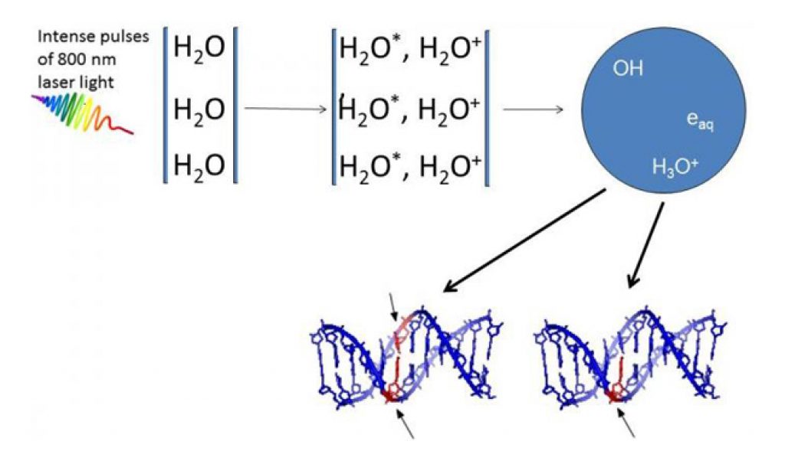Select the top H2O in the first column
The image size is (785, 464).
[x=199, y=48]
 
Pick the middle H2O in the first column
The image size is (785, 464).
[x=199, y=109]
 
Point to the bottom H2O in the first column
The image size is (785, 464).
[x=199, y=163]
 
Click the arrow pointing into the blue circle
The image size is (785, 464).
[x=533, y=109]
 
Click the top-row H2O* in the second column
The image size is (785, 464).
[x=367, y=48]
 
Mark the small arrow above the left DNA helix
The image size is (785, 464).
[x=392, y=306]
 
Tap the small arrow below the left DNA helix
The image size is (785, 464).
[x=406, y=422]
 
